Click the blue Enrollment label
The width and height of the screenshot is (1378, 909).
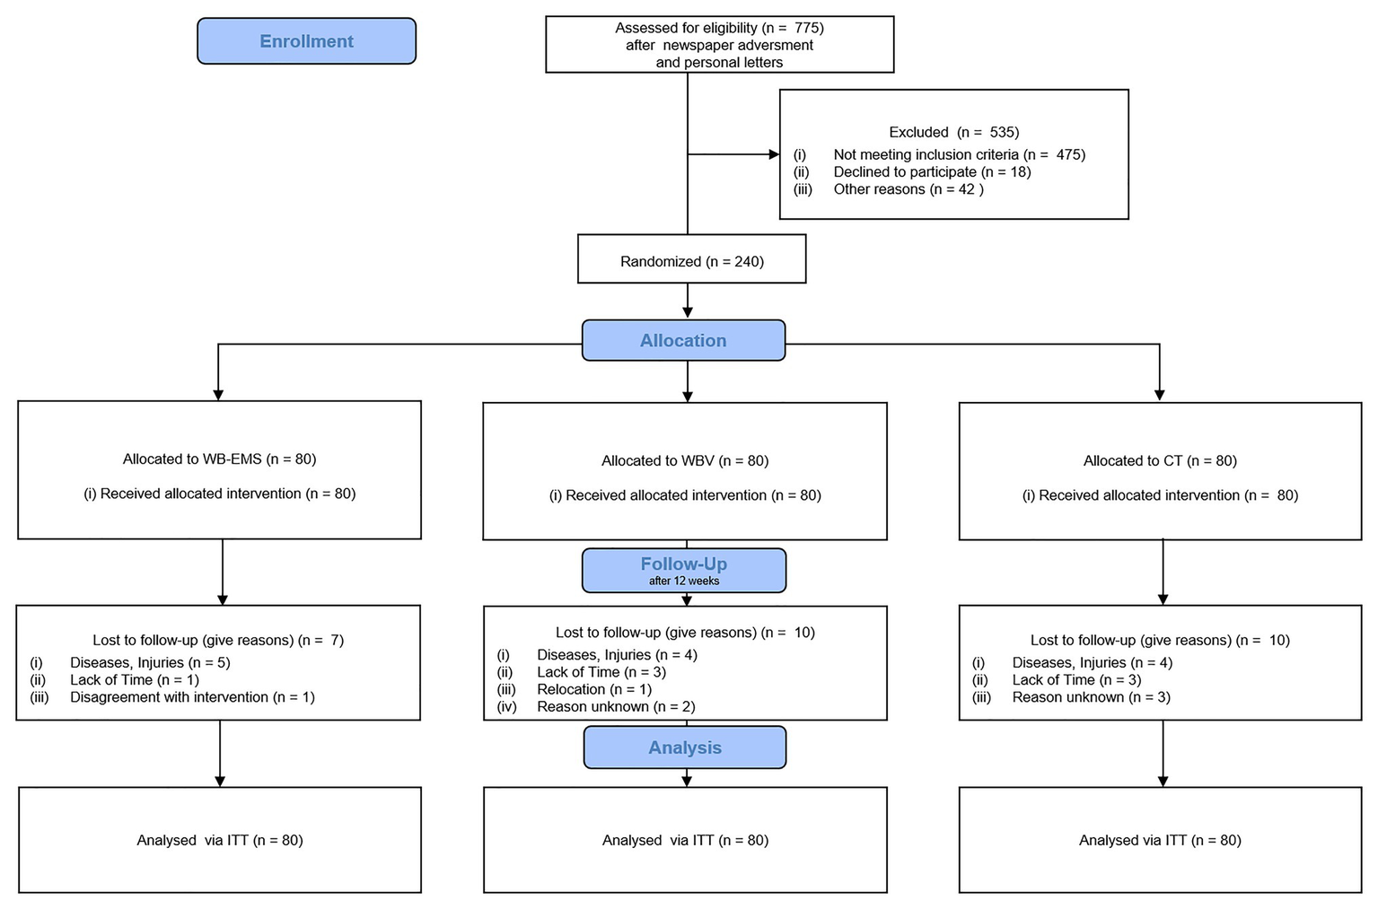tap(306, 41)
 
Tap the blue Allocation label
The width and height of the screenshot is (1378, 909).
tap(683, 341)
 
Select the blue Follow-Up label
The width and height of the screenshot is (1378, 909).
tap(683, 564)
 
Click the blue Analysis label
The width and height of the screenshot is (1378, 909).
tap(685, 747)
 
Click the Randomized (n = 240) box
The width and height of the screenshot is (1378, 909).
tap(691, 261)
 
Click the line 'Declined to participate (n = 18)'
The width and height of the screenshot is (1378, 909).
tap(932, 171)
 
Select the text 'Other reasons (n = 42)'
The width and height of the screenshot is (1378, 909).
tap(908, 189)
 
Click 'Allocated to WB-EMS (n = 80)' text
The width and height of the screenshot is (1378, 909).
tap(219, 459)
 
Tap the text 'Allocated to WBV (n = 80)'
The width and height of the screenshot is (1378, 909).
tap(685, 461)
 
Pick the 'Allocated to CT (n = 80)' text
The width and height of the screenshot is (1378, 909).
tap(1160, 461)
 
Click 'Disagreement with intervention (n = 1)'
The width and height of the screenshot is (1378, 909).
tap(192, 697)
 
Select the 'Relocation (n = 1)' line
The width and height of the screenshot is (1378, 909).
tap(594, 689)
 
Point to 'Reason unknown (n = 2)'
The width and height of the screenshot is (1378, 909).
tap(616, 707)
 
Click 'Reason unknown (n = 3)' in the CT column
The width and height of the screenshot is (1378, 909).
tap(1091, 697)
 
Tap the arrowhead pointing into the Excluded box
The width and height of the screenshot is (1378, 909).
tap(774, 154)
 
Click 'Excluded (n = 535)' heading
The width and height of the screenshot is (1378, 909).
tap(953, 132)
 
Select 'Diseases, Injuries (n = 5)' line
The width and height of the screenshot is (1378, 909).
tap(150, 663)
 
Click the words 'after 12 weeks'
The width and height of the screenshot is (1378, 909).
tap(684, 581)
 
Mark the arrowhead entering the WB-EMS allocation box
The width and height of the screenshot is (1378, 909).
tap(217, 394)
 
